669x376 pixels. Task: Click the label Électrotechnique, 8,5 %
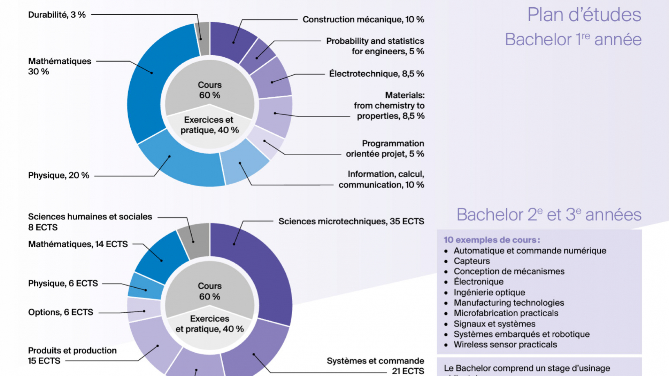click(x=376, y=74)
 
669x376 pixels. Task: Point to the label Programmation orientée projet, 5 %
click(x=385, y=149)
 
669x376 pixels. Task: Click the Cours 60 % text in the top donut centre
click(x=209, y=90)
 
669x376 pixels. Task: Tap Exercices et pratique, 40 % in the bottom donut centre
click(x=209, y=324)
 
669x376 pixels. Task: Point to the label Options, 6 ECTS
click(x=61, y=312)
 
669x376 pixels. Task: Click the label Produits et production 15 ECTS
click(x=72, y=355)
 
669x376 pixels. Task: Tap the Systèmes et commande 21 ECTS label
click(x=375, y=366)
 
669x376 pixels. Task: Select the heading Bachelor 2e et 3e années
click(x=549, y=215)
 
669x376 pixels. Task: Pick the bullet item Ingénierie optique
click(x=489, y=293)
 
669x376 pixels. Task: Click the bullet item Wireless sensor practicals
click(x=505, y=345)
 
